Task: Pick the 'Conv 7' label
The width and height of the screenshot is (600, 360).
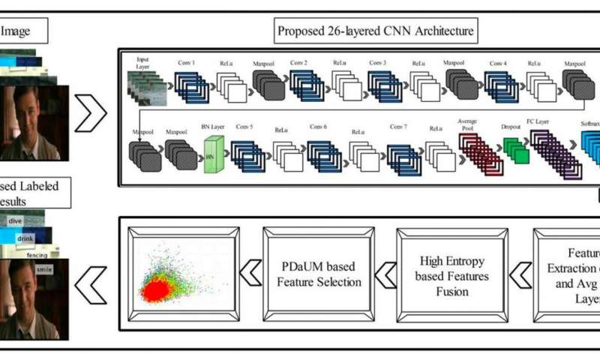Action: pyautogui.click(x=397, y=127)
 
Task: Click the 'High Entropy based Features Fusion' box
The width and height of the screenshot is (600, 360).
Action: pyautogui.click(x=451, y=275)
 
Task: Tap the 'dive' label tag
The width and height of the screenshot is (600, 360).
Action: pyautogui.click(x=16, y=221)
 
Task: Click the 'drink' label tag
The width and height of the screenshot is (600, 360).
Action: pyautogui.click(x=25, y=237)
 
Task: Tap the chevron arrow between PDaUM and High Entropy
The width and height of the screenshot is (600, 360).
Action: pyautogui.click(x=384, y=276)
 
